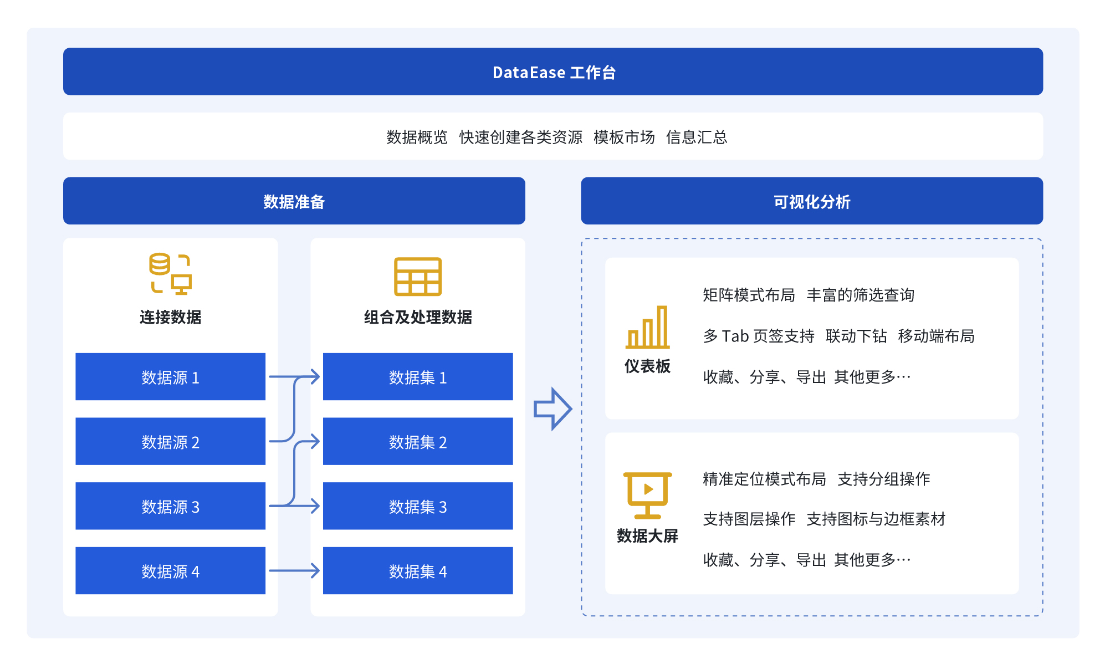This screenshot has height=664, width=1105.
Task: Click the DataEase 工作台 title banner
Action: coord(552,71)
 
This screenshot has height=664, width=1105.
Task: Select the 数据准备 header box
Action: coord(294,201)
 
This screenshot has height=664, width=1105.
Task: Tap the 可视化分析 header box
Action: coord(812,201)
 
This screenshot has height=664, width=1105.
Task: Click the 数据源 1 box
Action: coord(170,377)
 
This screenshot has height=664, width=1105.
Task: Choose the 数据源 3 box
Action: coord(170,506)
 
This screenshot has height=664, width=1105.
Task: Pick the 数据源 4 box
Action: coord(170,571)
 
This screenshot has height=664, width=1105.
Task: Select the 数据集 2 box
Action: coord(418,441)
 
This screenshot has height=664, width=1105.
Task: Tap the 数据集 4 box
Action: coord(418,571)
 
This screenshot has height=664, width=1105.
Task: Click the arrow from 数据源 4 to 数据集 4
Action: coord(294,570)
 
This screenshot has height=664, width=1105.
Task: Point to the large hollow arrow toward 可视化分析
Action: coord(552,409)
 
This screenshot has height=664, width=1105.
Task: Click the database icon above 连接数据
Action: coord(170,274)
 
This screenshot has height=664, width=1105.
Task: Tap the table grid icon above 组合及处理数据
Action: coord(418,277)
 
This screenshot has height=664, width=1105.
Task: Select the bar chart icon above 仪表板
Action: coord(647,327)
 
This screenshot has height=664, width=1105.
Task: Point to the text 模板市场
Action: coord(624,137)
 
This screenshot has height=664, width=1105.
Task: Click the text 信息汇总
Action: coord(697,137)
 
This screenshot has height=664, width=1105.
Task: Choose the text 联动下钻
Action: coord(856,336)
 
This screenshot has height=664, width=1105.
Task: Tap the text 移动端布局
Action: coord(936,336)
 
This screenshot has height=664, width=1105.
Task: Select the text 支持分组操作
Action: coord(884,479)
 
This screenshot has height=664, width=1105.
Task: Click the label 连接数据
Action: coord(170,317)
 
